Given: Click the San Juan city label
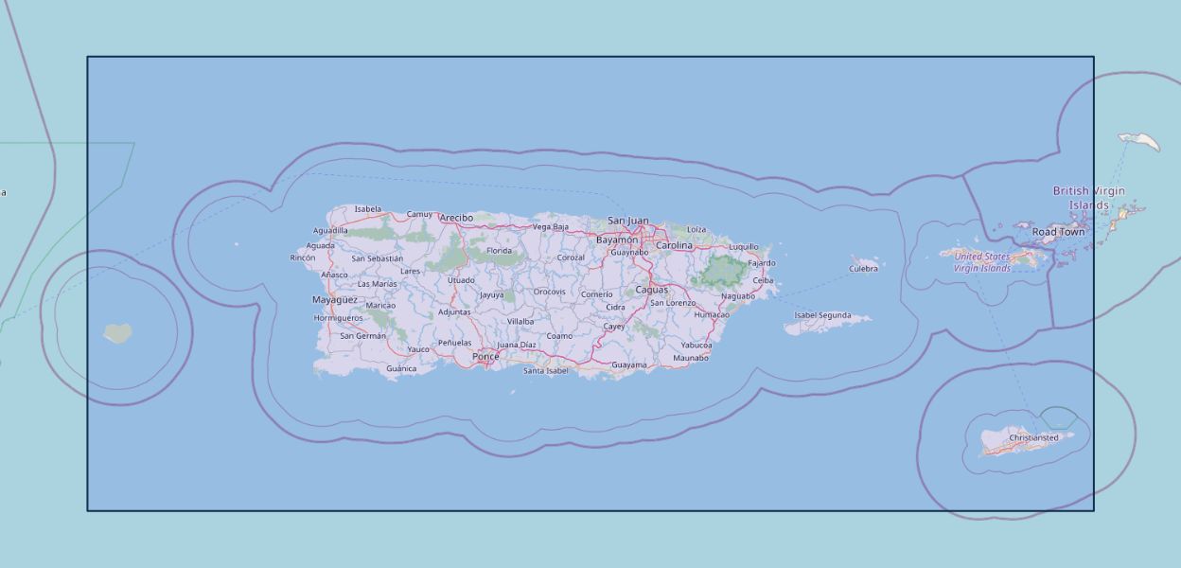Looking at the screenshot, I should coord(628,221).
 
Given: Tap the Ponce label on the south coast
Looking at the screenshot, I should coord(485,357).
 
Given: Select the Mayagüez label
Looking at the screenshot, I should coord(335,300).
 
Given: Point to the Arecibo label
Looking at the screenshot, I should coord(456,218).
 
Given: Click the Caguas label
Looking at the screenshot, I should coord(651,290).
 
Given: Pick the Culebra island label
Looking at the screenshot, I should coord(863,269).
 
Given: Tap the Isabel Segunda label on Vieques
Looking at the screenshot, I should coord(822,315).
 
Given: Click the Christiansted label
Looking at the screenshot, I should coord(1033,438).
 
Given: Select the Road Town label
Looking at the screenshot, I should coord(1058,232).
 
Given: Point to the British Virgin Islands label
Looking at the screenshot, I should coord(1089,198).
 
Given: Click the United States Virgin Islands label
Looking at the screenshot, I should coord(982,262).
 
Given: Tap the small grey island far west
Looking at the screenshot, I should coord(117,333).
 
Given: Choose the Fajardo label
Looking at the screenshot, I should coord(762,263).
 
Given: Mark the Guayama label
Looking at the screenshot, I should coord(629,364).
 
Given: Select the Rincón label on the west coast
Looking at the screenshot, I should coord(303,257).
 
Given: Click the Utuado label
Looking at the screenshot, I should coord(461,280).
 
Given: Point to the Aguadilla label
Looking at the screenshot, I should coord(330,230).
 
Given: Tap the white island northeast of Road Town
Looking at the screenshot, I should coord(1140,142).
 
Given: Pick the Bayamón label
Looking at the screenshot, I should coord(617,240).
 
